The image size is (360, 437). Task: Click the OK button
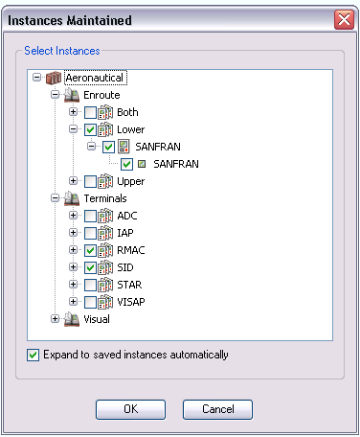click(131, 409)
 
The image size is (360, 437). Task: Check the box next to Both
click(90, 112)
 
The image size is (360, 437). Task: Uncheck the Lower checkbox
click(90, 129)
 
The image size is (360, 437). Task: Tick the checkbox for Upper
click(90, 181)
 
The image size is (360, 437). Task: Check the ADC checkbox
click(90, 216)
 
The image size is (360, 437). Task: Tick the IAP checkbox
click(90, 233)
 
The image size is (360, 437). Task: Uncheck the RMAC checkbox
click(90, 250)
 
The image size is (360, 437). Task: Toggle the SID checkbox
click(90, 267)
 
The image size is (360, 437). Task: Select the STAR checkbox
click(90, 285)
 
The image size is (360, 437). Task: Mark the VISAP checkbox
click(90, 302)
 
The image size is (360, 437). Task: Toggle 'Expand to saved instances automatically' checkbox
click(34, 355)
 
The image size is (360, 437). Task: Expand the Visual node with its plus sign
click(56, 319)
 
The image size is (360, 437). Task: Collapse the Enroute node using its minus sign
click(56, 95)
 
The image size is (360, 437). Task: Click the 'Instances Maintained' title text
click(70, 18)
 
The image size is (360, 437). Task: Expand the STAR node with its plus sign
click(73, 285)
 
